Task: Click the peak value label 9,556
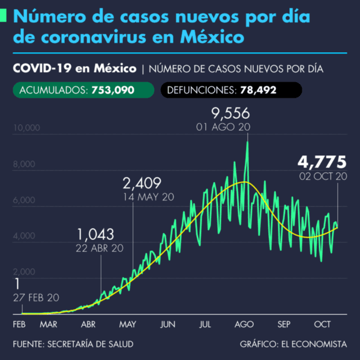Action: pos(230,113)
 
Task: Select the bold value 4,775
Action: pos(322,162)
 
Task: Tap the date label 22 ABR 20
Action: pos(100,248)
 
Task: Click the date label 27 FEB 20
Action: pos(35,297)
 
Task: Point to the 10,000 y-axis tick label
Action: pos(25,128)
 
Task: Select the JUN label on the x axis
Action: pos(167,325)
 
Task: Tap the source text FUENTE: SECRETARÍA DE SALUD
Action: pos(73,344)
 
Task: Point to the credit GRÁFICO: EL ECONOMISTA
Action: pos(293,344)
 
